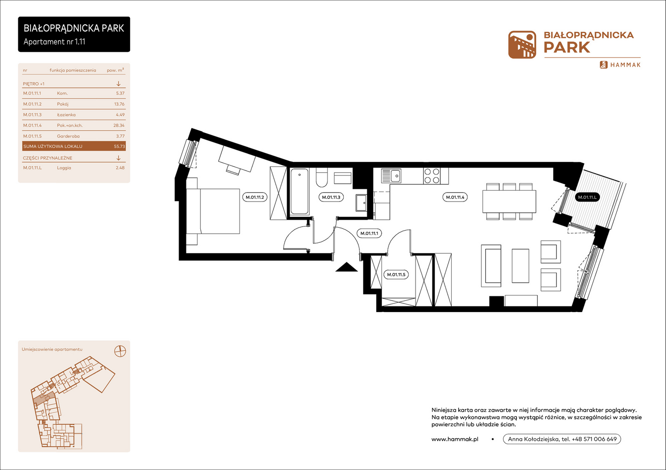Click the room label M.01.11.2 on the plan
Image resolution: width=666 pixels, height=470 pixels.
coord(255,197)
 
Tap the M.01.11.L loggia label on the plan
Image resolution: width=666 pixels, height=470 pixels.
coord(587,197)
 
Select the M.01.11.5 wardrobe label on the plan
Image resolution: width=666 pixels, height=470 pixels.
coord(396,275)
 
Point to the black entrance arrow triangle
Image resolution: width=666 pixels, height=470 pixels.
coord(346,267)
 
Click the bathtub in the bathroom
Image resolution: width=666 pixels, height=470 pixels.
coord(299,191)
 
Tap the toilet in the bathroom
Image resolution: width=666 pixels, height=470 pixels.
coord(322,178)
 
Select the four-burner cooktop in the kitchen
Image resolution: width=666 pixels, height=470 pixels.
coord(432,175)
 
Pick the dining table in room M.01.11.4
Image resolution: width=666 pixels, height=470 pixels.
coord(509,201)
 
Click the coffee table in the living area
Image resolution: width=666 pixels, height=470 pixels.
coord(521,265)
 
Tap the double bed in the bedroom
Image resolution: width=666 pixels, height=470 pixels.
coord(213,211)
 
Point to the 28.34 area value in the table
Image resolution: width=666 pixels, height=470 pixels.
coord(119,125)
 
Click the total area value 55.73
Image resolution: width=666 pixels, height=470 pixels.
coord(119,146)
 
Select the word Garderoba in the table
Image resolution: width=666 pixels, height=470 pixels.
coord(68,136)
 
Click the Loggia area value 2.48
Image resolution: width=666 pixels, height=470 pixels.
coord(120,168)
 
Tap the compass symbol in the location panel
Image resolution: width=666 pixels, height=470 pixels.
coord(120,351)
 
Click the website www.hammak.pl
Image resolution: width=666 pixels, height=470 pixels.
coord(455,439)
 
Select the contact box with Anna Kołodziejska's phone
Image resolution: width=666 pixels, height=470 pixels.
coord(562,439)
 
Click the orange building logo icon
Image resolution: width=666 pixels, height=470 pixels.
coord(522,44)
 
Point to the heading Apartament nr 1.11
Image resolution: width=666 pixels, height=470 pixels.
coord(54,42)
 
